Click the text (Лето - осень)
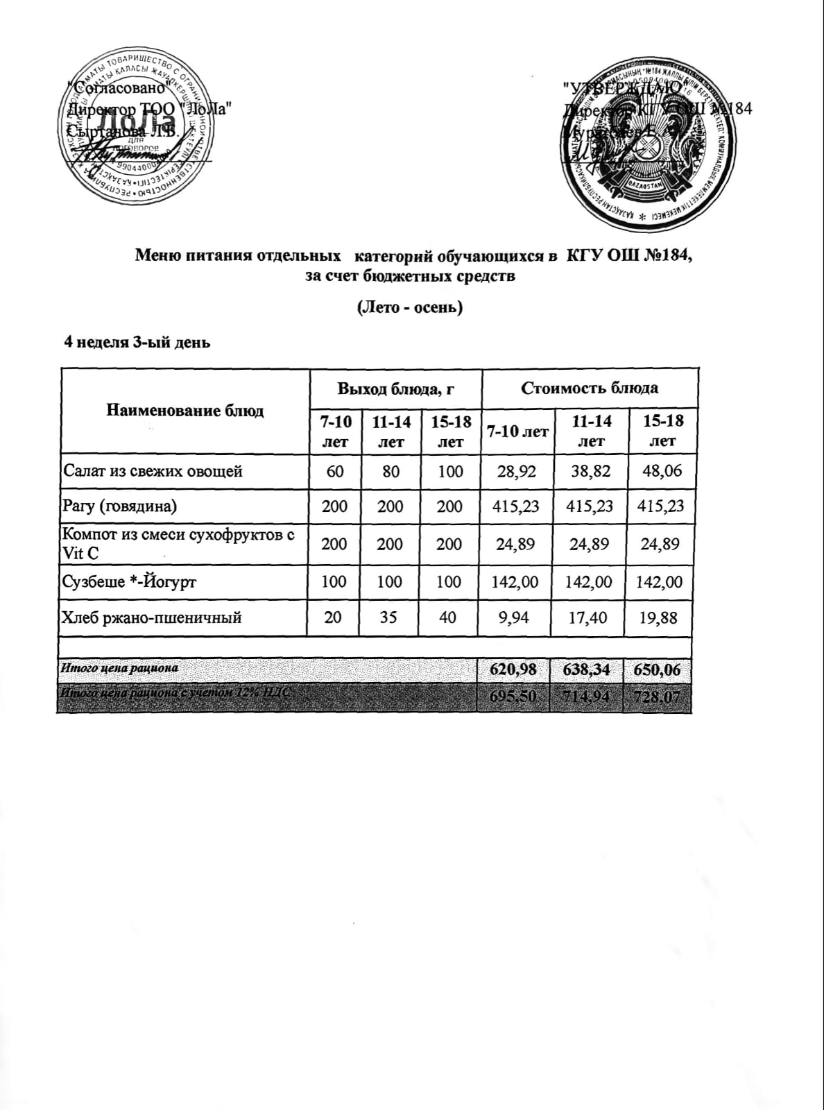(x=409, y=307)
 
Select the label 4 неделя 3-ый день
(x=137, y=342)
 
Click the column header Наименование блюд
(x=185, y=411)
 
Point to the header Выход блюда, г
(x=395, y=388)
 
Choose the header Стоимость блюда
(x=590, y=388)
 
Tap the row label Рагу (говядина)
(x=120, y=506)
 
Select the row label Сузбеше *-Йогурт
(x=130, y=582)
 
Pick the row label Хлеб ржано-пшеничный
(x=153, y=617)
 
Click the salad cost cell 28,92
(x=516, y=472)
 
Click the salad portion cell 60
(x=335, y=472)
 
